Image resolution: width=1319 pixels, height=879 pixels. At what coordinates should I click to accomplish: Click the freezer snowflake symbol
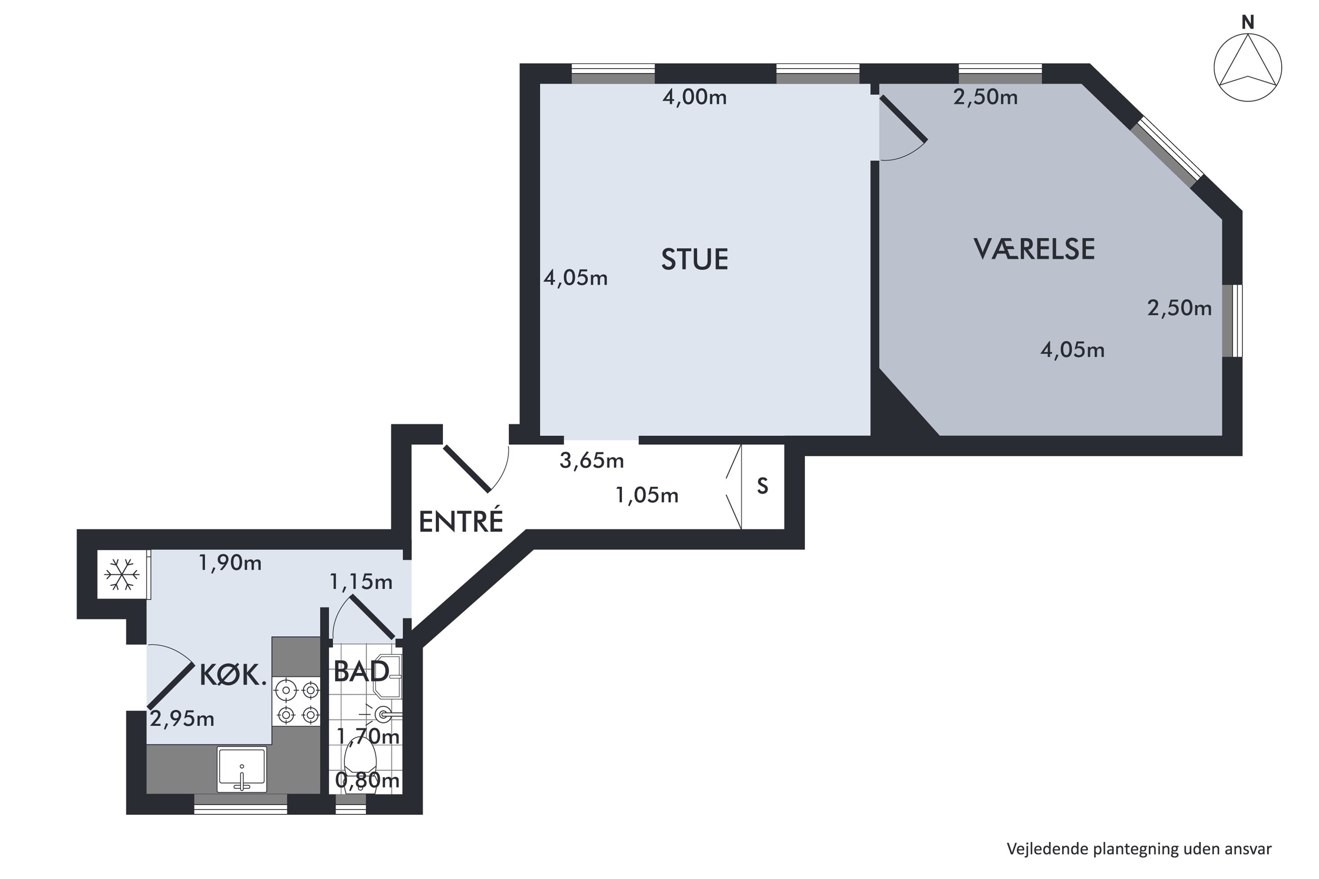(122, 574)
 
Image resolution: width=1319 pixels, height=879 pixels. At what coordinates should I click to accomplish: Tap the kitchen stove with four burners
(296, 701)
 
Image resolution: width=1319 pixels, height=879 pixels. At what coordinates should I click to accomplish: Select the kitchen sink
(242, 769)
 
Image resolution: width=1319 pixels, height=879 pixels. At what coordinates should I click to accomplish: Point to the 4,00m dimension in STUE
(694, 98)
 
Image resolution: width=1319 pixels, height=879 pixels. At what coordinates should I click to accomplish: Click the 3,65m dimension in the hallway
(592, 461)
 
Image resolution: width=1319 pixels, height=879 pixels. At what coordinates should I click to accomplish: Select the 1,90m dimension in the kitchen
(230, 563)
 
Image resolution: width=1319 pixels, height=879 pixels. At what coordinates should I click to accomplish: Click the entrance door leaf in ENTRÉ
(467, 469)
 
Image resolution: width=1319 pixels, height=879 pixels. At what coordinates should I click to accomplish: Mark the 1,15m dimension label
(361, 582)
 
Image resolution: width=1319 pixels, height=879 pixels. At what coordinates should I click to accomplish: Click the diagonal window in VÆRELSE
(1167, 151)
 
